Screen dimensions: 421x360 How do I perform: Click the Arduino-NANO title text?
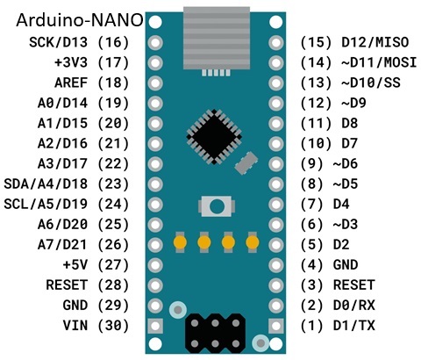80,20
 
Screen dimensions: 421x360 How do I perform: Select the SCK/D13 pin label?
58,42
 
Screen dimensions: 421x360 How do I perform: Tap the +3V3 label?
71,62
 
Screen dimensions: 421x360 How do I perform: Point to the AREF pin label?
71,83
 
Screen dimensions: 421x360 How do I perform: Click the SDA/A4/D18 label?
46,184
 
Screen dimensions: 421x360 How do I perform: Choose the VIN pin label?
75,326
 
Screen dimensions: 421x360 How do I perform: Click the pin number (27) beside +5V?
113,265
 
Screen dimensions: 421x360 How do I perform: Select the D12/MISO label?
375,42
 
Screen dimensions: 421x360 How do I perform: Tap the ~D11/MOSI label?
379,62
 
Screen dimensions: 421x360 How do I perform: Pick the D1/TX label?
354,326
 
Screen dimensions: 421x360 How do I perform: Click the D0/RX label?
354,306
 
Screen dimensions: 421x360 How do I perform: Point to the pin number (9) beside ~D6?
311,164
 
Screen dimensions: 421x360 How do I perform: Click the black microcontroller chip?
214,137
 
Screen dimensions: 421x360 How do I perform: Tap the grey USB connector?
217,38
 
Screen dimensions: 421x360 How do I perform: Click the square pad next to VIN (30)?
155,326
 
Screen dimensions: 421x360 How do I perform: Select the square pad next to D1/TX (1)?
275,326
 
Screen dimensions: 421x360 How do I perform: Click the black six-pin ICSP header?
215,334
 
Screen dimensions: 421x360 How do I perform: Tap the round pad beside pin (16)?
155,43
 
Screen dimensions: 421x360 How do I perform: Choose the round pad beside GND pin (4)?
275,265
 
